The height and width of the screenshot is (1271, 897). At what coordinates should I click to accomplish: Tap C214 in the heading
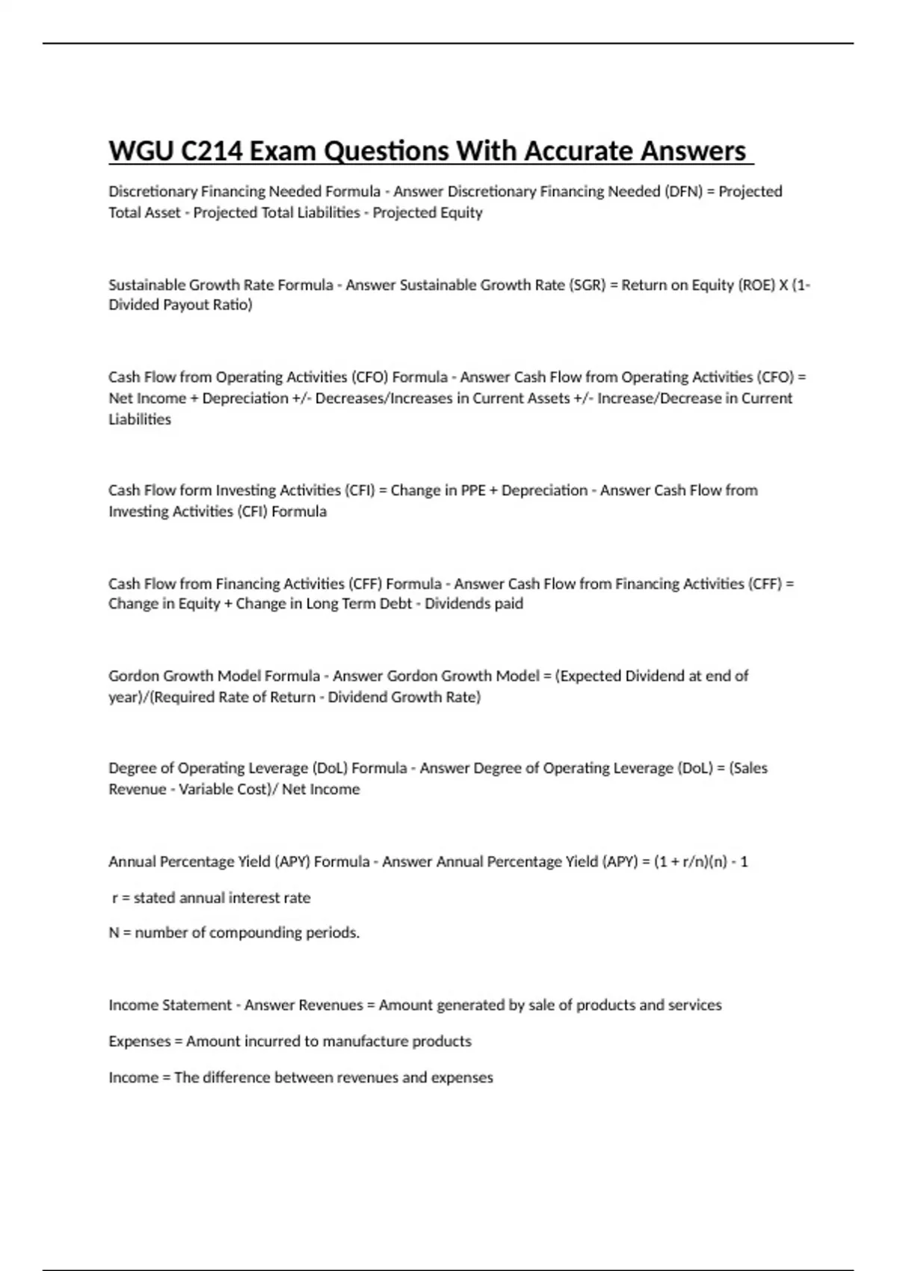[x=212, y=151]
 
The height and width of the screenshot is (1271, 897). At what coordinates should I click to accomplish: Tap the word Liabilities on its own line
[x=140, y=419]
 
